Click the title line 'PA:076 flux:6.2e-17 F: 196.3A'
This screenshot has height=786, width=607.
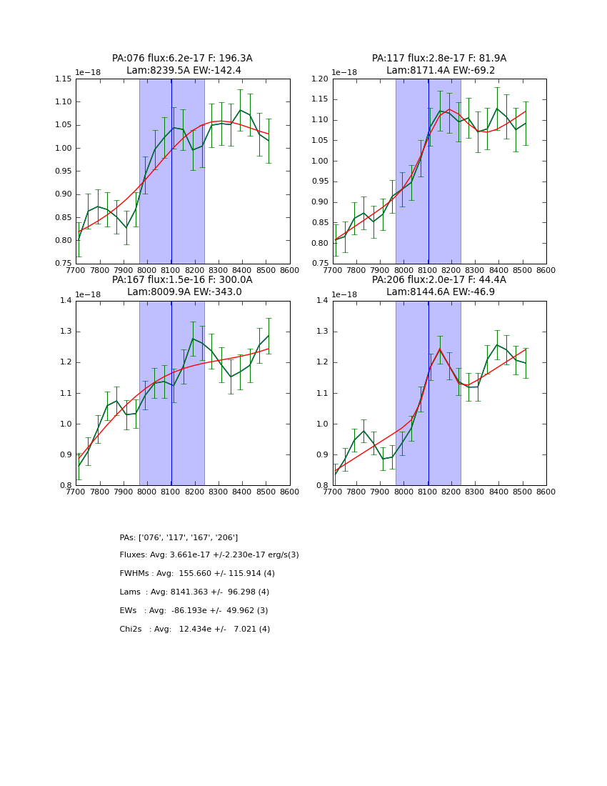click(x=182, y=59)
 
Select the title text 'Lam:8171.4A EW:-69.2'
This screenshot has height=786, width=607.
click(x=441, y=71)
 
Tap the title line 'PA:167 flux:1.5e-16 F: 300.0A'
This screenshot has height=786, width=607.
click(x=182, y=280)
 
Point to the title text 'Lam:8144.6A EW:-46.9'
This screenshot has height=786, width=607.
click(x=441, y=292)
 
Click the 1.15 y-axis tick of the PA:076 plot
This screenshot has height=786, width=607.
click(x=64, y=79)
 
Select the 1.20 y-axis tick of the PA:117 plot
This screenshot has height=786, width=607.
click(x=321, y=79)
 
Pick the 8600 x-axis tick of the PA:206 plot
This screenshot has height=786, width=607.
click(x=546, y=492)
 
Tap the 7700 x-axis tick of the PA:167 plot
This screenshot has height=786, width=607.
click(x=76, y=492)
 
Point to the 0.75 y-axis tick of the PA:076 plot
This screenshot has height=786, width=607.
click(x=64, y=264)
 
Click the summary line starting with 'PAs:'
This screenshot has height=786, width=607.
click(x=179, y=537)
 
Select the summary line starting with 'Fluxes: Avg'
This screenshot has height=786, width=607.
click(x=209, y=555)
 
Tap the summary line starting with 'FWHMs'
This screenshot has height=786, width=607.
click(x=197, y=574)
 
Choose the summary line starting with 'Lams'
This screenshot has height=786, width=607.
click(x=194, y=592)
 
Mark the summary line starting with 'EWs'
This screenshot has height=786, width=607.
click(x=194, y=611)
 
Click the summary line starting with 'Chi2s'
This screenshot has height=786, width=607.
click(x=194, y=630)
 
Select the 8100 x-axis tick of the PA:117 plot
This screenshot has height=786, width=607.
click(x=428, y=270)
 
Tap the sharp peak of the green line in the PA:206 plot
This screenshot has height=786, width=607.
click(x=440, y=349)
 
